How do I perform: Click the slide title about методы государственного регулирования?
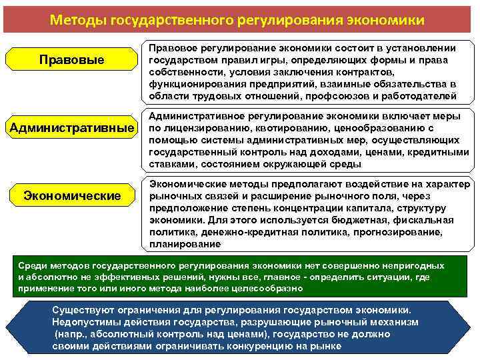click(237, 20)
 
